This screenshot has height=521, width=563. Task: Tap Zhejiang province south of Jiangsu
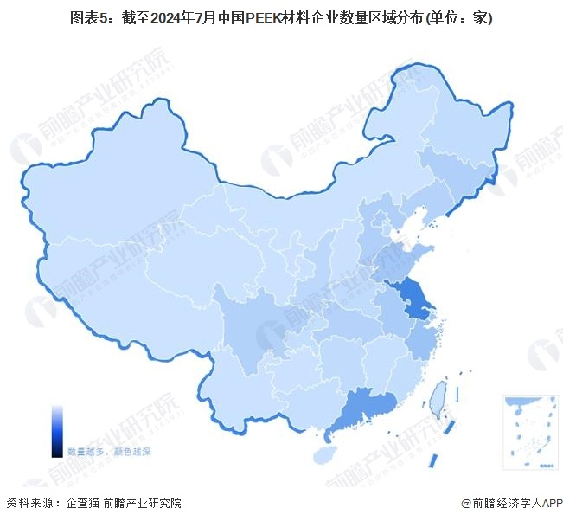pos(421,340)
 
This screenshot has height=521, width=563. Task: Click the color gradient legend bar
pos(57,430)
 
